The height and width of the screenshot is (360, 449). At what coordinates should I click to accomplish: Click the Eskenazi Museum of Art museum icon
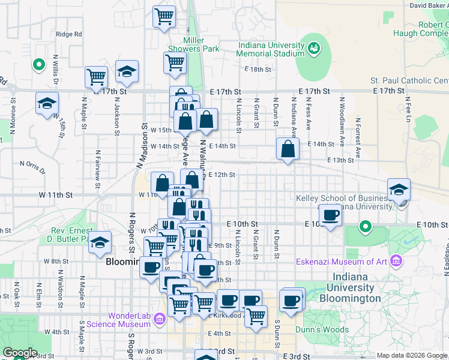395,261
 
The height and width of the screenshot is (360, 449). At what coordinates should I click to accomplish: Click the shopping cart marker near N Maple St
95,76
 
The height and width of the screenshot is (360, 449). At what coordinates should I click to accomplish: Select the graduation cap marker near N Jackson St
127,71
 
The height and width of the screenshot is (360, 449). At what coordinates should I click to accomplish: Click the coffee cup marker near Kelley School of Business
330,214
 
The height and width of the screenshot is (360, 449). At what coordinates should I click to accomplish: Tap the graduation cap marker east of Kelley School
399,189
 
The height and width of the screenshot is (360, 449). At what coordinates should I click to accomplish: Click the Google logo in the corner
19,353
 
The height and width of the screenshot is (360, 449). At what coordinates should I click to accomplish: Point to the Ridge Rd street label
68,34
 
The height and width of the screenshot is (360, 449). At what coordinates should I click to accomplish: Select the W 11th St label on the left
55,195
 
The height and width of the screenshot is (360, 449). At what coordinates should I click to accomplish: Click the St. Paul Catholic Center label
409,80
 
